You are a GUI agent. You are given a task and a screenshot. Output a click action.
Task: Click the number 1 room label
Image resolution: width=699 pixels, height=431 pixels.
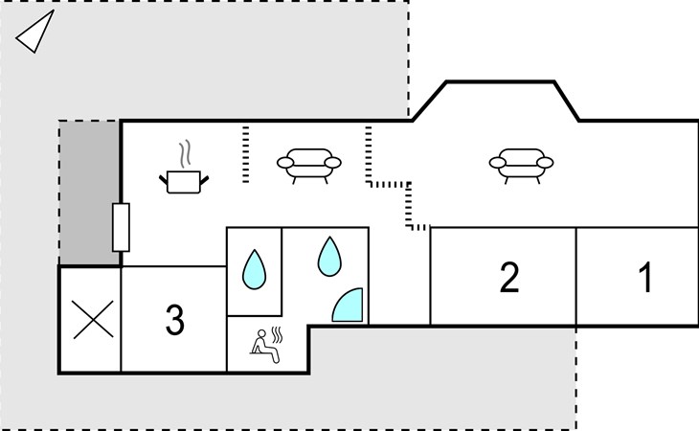pyautogui.click(x=644, y=278)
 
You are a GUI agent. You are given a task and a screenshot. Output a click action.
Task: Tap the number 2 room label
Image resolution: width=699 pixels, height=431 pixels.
pyautogui.click(x=509, y=278)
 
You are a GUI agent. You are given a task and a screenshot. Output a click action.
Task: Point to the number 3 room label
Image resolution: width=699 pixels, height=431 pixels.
pyautogui.click(x=174, y=321)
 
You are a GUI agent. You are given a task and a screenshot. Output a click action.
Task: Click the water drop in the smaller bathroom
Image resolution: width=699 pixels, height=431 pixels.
pyautogui.click(x=254, y=269)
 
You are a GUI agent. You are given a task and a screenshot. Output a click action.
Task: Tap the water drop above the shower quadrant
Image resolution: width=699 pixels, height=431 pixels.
pyautogui.click(x=329, y=255)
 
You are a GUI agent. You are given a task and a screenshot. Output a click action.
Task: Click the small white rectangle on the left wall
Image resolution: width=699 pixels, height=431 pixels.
pyautogui.click(x=121, y=227)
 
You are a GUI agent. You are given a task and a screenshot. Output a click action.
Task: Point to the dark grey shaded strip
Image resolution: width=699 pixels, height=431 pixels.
pyautogui.click(x=90, y=192)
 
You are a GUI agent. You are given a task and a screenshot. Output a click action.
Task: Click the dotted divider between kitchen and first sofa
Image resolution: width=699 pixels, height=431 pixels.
pyautogui.click(x=245, y=153)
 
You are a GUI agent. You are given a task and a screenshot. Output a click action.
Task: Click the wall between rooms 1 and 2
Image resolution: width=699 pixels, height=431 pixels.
pyautogui.click(x=575, y=276)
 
